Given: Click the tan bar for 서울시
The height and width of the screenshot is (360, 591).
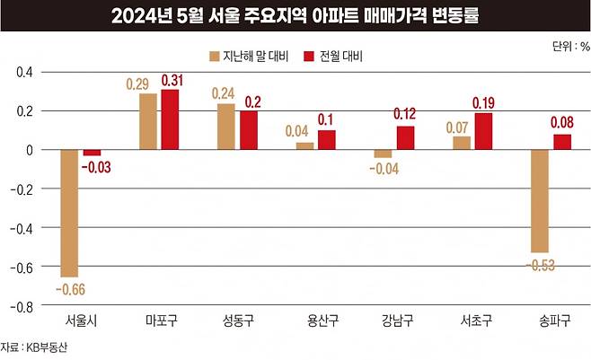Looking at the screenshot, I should (x=69, y=214).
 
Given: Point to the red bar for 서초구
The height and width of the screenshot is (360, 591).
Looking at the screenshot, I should (x=485, y=131).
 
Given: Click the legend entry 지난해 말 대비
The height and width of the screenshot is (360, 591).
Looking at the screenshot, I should (x=248, y=55).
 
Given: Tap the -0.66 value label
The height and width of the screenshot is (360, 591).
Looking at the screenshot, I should (x=70, y=288).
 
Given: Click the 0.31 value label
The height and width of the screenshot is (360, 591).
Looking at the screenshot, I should (x=172, y=81).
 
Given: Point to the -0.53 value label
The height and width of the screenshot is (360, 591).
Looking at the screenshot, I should (x=540, y=263).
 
